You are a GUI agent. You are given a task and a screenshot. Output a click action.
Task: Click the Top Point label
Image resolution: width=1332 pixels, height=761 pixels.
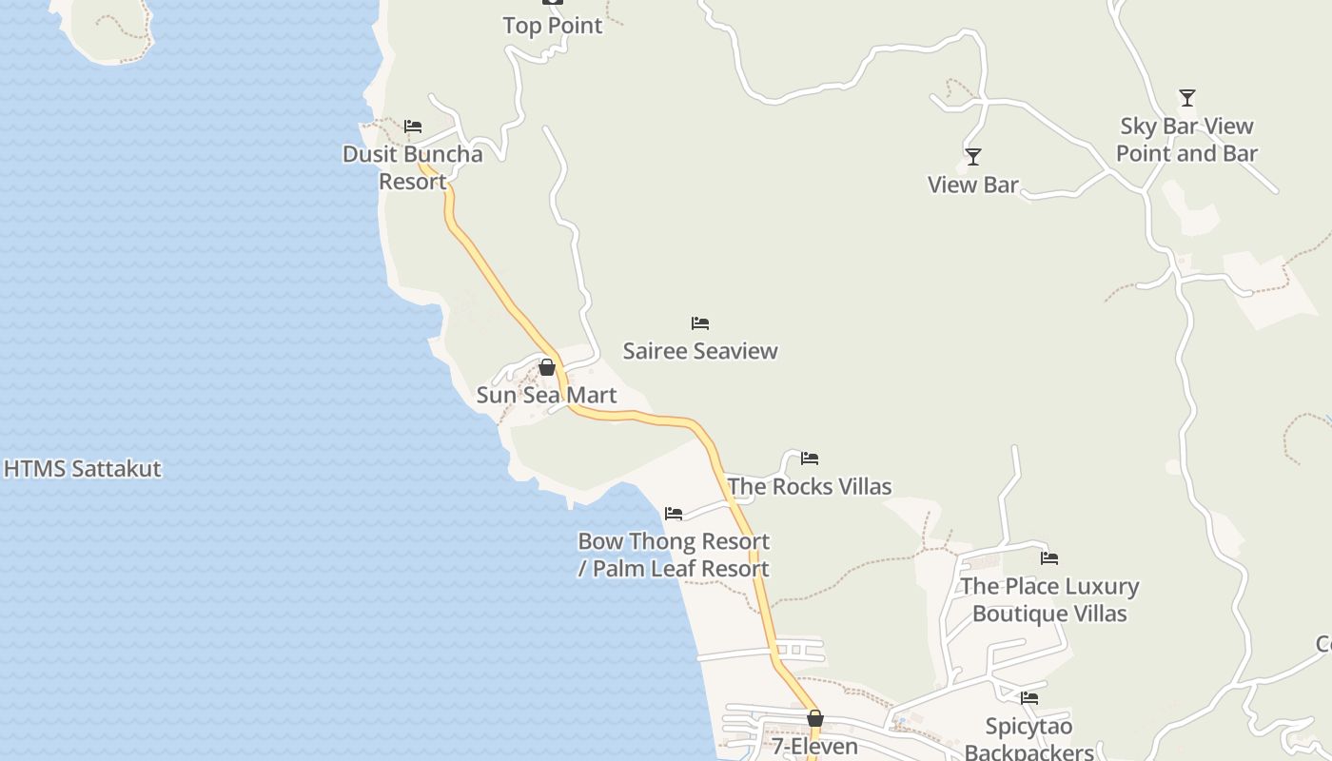tap(553, 26)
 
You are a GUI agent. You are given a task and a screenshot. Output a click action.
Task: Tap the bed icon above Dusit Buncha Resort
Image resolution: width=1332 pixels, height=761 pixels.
tap(413, 126)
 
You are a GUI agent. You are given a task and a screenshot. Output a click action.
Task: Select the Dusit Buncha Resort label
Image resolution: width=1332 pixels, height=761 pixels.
tap(413, 167)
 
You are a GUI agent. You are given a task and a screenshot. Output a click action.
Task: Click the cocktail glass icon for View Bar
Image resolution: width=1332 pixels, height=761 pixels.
tap(972, 157)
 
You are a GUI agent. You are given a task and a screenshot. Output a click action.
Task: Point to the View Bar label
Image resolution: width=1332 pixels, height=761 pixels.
tap(972, 185)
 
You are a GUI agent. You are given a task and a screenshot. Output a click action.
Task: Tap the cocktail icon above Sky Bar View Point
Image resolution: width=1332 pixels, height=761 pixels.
tap(1186, 98)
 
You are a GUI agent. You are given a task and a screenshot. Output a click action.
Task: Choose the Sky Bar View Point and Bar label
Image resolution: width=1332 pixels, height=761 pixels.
tap(1186, 140)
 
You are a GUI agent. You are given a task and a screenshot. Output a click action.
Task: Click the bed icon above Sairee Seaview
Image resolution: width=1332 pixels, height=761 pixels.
tap(700, 323)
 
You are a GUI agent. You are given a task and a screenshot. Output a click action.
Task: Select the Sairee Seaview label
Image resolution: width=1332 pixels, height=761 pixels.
tap(700, 351)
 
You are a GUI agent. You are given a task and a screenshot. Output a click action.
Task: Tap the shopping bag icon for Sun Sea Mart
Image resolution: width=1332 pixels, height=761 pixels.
tap(547, 367)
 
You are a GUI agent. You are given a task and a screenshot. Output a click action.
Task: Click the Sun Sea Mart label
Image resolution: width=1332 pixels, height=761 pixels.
tap(546, 395)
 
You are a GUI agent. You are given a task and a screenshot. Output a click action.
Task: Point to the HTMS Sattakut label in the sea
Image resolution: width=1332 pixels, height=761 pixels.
tap(83, 469)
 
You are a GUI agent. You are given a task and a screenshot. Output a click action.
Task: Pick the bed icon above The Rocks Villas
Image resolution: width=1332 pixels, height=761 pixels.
tap(810, 459)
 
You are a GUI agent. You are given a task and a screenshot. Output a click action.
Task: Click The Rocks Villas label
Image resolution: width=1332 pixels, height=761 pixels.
tap(810, 486)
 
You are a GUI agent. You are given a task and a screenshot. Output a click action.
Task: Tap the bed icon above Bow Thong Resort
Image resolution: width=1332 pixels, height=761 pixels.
tap(674, 514)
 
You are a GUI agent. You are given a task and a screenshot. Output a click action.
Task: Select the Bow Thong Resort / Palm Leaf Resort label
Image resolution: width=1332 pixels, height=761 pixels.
tap(674, 555)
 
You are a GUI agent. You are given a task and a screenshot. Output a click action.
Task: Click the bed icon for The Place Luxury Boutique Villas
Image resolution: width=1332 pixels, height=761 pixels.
tap(1049, 558)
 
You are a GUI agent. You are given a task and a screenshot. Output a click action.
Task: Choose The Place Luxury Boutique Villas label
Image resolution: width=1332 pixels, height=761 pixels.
tap(1049, 599)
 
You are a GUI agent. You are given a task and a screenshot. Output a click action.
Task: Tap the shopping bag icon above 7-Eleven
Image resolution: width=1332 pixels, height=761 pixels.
tap(815, 718)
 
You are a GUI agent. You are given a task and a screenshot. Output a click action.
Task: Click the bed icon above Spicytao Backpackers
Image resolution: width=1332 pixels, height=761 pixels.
tap(1029, 699)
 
